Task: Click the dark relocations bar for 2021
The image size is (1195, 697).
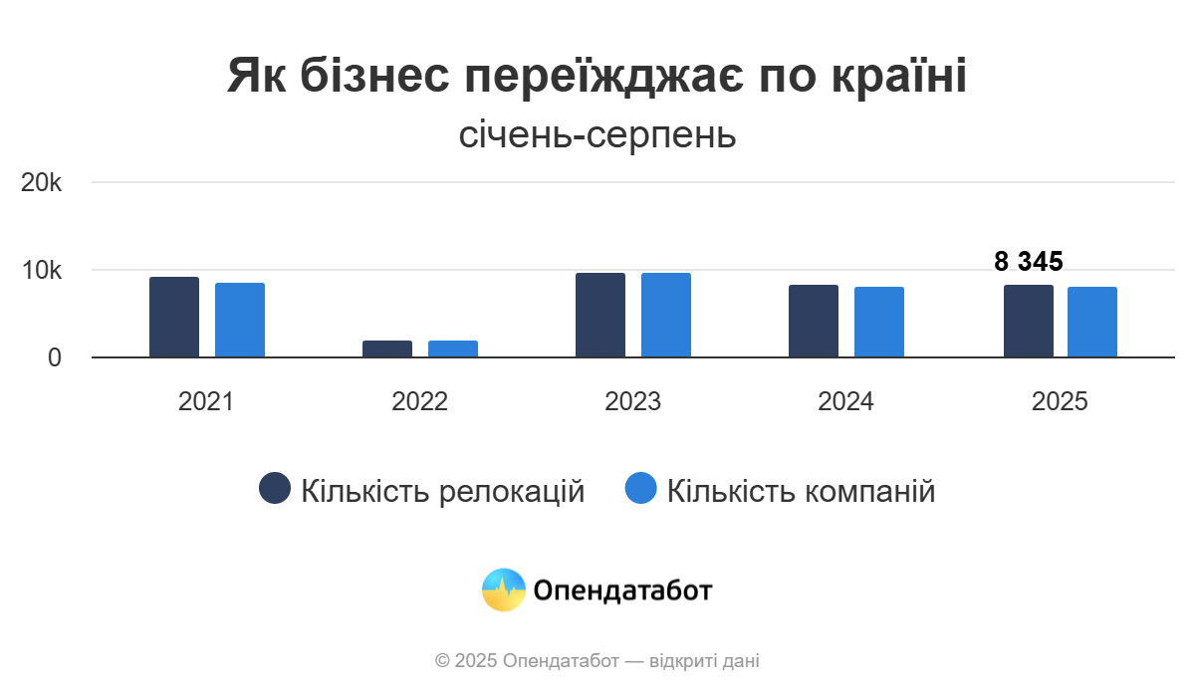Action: coord(174,317)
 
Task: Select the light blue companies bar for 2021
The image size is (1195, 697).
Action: coord(240,320)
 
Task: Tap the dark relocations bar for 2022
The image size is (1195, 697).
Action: coord(387,348)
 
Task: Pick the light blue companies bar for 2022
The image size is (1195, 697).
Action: coord(453,348)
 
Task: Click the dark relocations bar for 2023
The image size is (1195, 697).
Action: coord(600,315)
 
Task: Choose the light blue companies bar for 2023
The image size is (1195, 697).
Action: coord(666,315)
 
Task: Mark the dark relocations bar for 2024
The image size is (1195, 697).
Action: coord(814,321)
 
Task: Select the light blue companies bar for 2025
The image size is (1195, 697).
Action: coord(1092,322)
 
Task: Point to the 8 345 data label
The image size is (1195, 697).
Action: coord(1029,262)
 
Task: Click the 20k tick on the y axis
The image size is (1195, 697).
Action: coord(42,183)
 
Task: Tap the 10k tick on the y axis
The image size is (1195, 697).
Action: coord(42,271)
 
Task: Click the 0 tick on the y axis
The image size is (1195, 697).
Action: coord(54,357)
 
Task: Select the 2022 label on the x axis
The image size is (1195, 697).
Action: coord(419,402)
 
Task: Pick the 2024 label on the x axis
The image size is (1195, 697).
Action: coord(845,402)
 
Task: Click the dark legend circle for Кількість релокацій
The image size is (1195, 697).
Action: coord(275,489)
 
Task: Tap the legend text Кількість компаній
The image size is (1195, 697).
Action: coord(801,491)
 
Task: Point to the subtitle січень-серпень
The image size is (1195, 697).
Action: coord(597,134)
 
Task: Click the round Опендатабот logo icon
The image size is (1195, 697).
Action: coord(503,589)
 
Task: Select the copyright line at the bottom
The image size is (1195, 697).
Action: coord(597,660)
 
